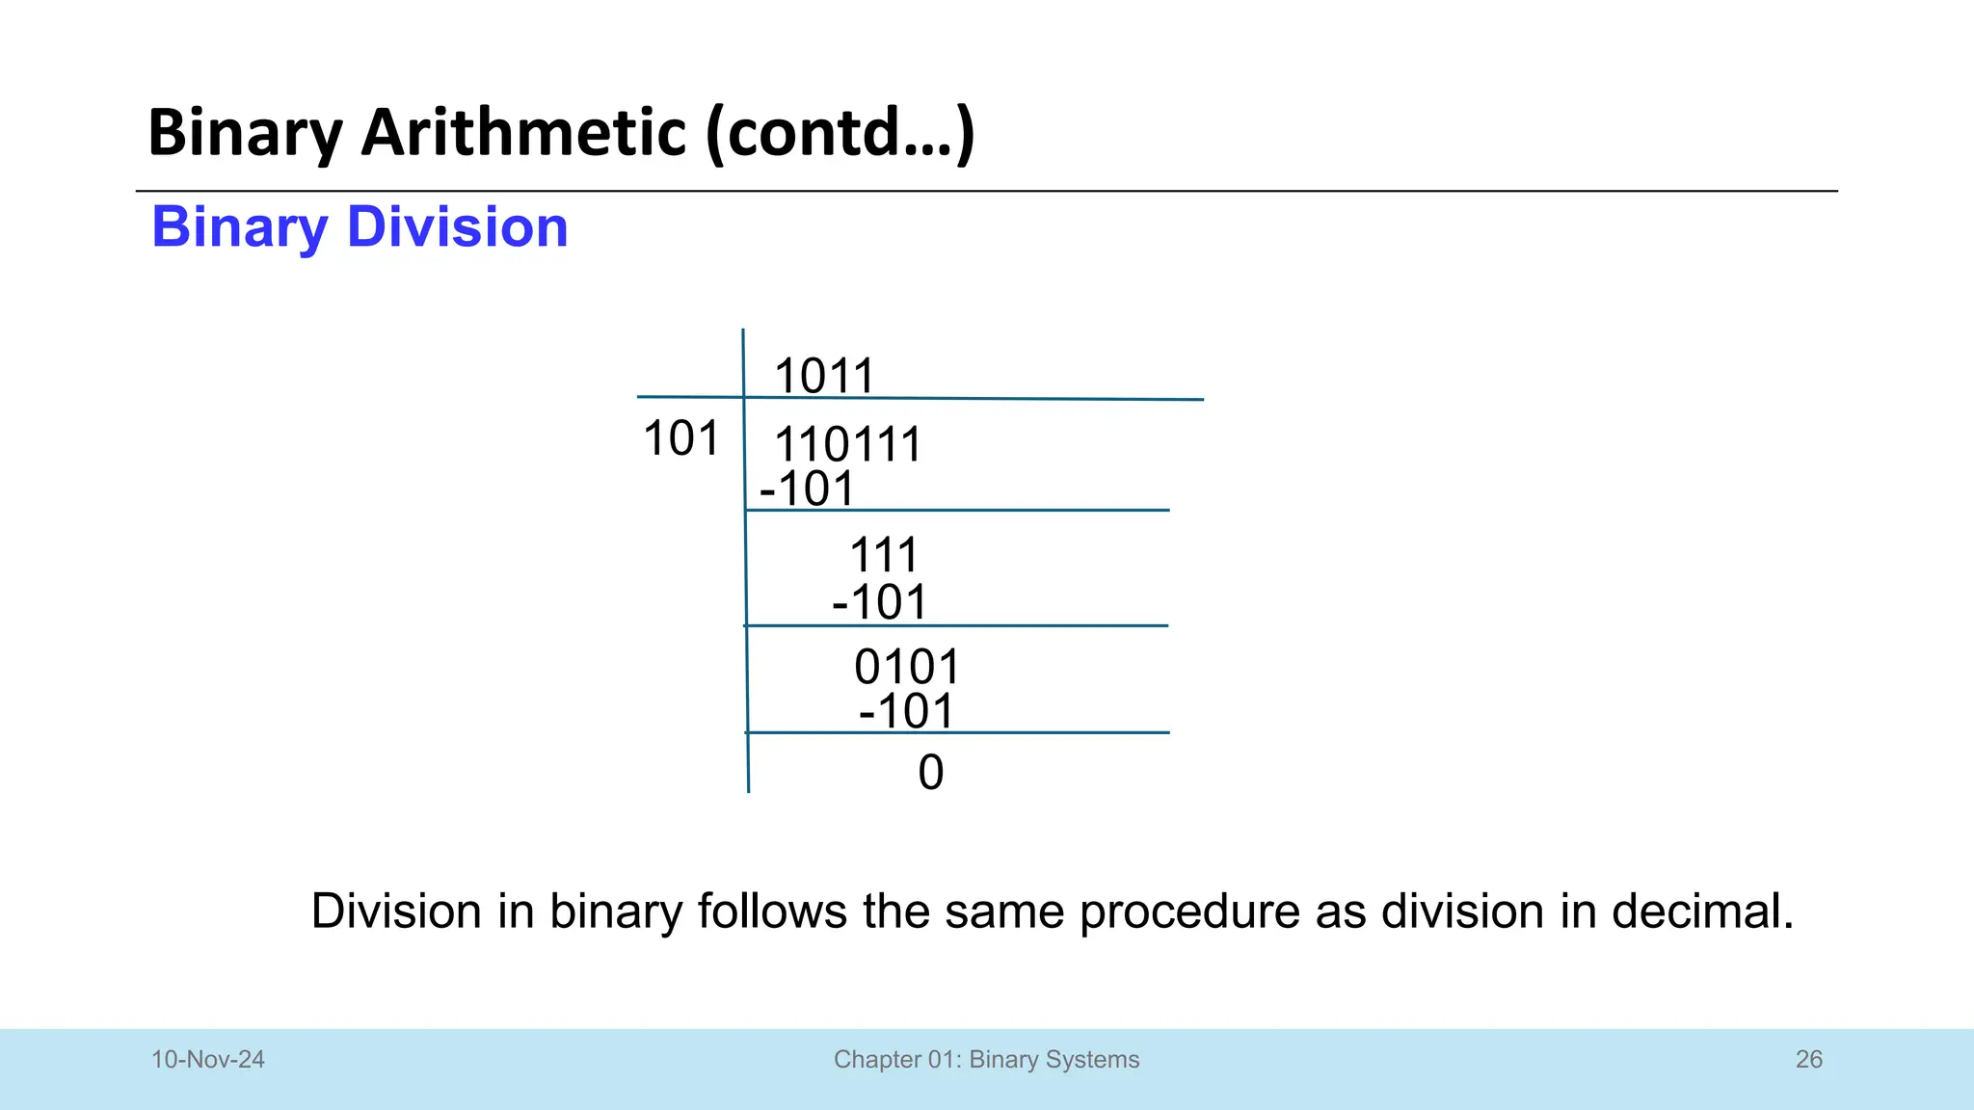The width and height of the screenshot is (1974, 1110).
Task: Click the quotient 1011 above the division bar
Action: pos(824,376)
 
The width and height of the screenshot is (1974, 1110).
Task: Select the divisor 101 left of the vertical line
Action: pos(680,439)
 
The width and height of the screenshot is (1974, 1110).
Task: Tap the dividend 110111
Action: pos(848,445)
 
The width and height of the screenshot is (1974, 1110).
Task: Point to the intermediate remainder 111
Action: pos(884,556)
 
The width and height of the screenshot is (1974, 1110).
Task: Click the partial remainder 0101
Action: pos(907,667)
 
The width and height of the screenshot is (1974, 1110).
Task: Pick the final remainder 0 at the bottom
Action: pos(931,773)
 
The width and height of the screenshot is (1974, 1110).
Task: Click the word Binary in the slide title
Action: pos(246,133)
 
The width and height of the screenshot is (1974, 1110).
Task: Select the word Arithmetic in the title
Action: pos(523,132)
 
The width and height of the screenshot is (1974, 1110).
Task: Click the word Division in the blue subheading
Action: pos(457,227)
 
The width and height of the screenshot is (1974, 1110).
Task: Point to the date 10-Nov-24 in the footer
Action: pos(208,1060)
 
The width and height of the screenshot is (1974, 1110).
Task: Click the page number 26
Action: pos(1808,1060)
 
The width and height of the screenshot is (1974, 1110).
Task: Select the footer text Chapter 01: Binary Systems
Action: pos(986,1060)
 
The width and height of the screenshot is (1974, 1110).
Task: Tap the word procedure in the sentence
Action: pos(1189,912)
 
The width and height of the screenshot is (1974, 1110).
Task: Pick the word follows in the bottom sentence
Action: pos(771,912)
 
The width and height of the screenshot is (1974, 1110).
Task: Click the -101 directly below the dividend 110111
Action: pos(808,489)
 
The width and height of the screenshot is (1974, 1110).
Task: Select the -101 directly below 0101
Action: pos(906,712)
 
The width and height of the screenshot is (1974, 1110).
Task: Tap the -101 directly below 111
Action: pos(879,603)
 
